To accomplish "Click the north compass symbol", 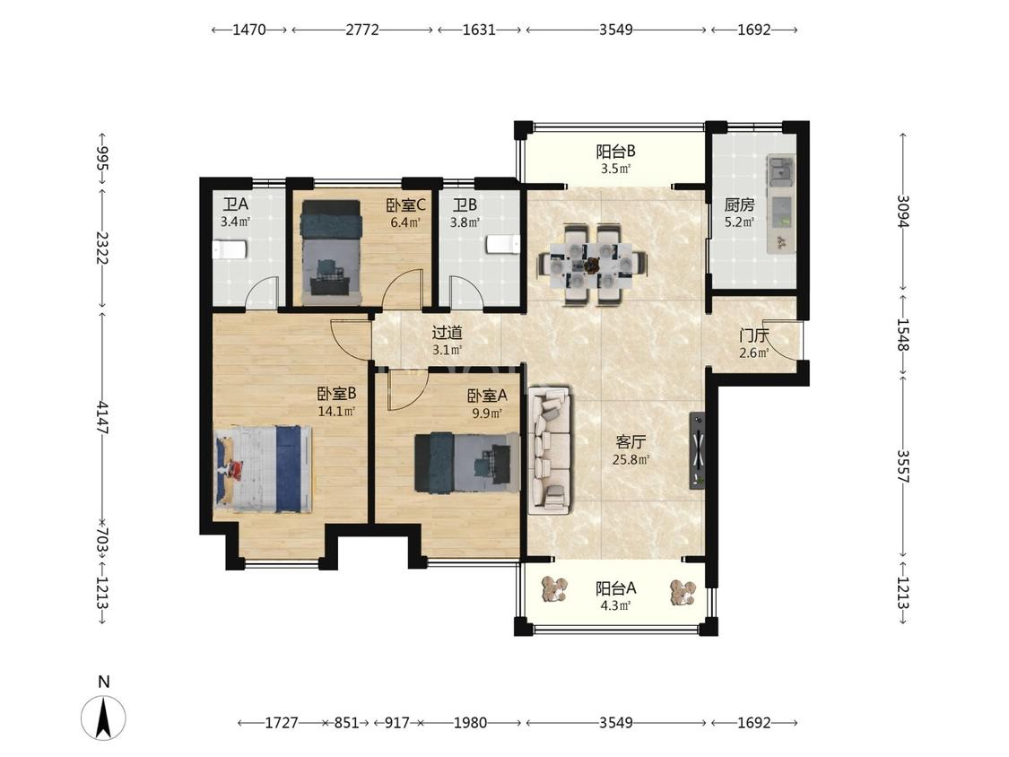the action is coord(103,717).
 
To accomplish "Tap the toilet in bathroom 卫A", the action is coord(230,249).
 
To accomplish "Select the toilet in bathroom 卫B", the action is coord(503,245).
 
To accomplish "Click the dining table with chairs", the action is coord(593,264).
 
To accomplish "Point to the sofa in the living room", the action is coord(550,450).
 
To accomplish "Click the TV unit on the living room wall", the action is coord(698,450).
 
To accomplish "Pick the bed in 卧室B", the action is coord(263,469).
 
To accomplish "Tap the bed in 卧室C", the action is coord(331,252).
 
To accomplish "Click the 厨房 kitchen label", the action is coord(739,205).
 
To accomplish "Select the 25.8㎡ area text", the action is coord(631,460).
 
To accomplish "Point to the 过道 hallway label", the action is coord(448,333).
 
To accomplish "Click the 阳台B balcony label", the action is coord(616,152).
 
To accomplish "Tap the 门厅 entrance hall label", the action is coord(753,335).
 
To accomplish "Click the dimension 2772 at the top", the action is coord(362,30).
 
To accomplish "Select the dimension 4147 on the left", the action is coord(102,417).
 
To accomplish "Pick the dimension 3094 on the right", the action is coord(903,212).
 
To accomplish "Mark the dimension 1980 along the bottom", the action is coord(470,723).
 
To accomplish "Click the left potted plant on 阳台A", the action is coord(554,589).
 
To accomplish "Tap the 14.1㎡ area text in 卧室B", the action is coord(336,412).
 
